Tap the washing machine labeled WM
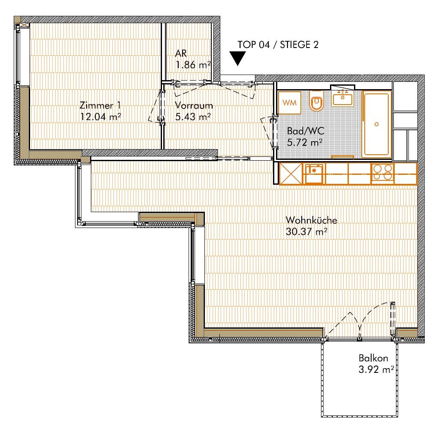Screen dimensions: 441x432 click(289, 102)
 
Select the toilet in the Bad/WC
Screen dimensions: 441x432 click(317, 101)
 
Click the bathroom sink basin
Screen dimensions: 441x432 click(342, 99)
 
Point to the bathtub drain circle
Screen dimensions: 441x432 click(377, 124)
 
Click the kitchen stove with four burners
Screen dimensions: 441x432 click(382, 172)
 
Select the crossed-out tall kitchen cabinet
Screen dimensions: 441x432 click(291, 174)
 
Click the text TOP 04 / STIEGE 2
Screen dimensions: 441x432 click(278, 45)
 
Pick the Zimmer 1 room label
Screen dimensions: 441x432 click(100, 105)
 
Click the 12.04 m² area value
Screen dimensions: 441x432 click(101, 117)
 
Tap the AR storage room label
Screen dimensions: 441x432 click(180, 53)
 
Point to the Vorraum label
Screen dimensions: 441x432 click(194, 105)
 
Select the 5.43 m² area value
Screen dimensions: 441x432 click(193, 117)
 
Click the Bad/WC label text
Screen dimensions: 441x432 click(306, 131)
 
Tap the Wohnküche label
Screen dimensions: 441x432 click(311, 220)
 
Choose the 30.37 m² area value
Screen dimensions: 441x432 click(306, 232)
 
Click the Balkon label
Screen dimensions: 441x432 click(373, 358)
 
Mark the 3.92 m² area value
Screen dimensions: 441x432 click(376, 369)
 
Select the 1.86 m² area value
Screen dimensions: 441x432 click(193, 65)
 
